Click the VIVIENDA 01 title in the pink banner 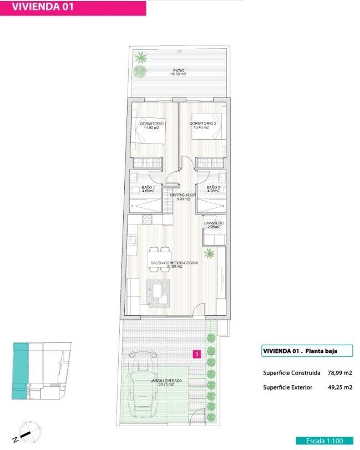[43, 7]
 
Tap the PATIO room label [179, 70]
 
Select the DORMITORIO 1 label [153, 124]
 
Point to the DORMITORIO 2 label [203, 124]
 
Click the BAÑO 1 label [148, 187]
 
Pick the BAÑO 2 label [213, 187]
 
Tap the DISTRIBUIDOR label [183, 195]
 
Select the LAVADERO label [214, 223]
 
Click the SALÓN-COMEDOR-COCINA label [174, 263]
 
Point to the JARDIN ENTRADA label [166, 381]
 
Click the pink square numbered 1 [197, 354]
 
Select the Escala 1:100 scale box [324, 441]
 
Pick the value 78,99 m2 [340, 373]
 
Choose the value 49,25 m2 [340, 387]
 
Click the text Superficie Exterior [287, 387]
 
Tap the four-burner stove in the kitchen [148, 219]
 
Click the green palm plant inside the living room [209, 253]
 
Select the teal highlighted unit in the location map [20, 371]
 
